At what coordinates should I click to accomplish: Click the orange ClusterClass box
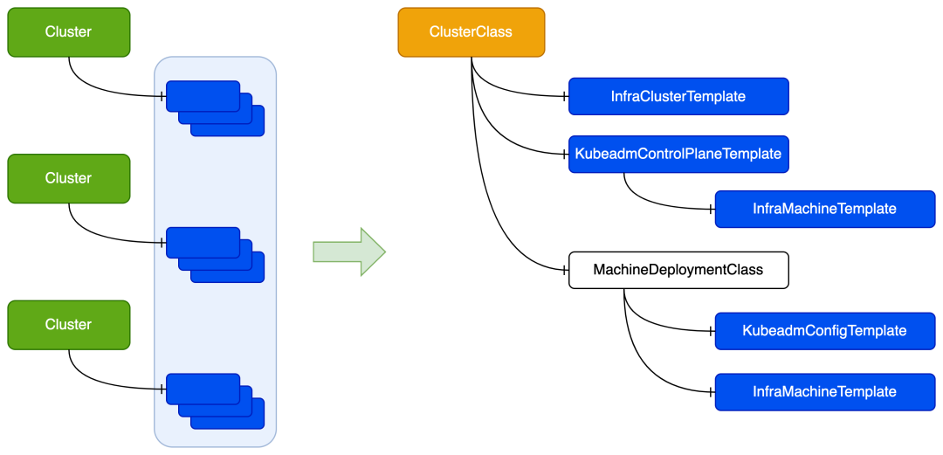point(471,32)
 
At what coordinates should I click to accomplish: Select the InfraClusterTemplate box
point(678,96)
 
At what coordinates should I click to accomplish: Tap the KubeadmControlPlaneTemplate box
point(678,154)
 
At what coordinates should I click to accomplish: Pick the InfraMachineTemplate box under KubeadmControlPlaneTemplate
point(824,210)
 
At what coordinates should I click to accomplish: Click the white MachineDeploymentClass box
point(678,270)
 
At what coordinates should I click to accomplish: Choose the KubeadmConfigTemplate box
point(824,331)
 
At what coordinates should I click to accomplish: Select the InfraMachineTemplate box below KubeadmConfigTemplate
point(824,392)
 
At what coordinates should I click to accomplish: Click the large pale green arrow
point(348,252)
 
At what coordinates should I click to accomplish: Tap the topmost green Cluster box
point(69,32)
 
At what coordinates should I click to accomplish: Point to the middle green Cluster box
point(69,178)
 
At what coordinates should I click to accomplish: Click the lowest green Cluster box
point(69,325)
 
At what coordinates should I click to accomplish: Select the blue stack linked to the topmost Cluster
point(215,108)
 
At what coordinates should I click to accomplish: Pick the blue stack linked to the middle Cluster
point(215,254)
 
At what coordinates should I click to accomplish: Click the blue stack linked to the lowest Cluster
point(215,401)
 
